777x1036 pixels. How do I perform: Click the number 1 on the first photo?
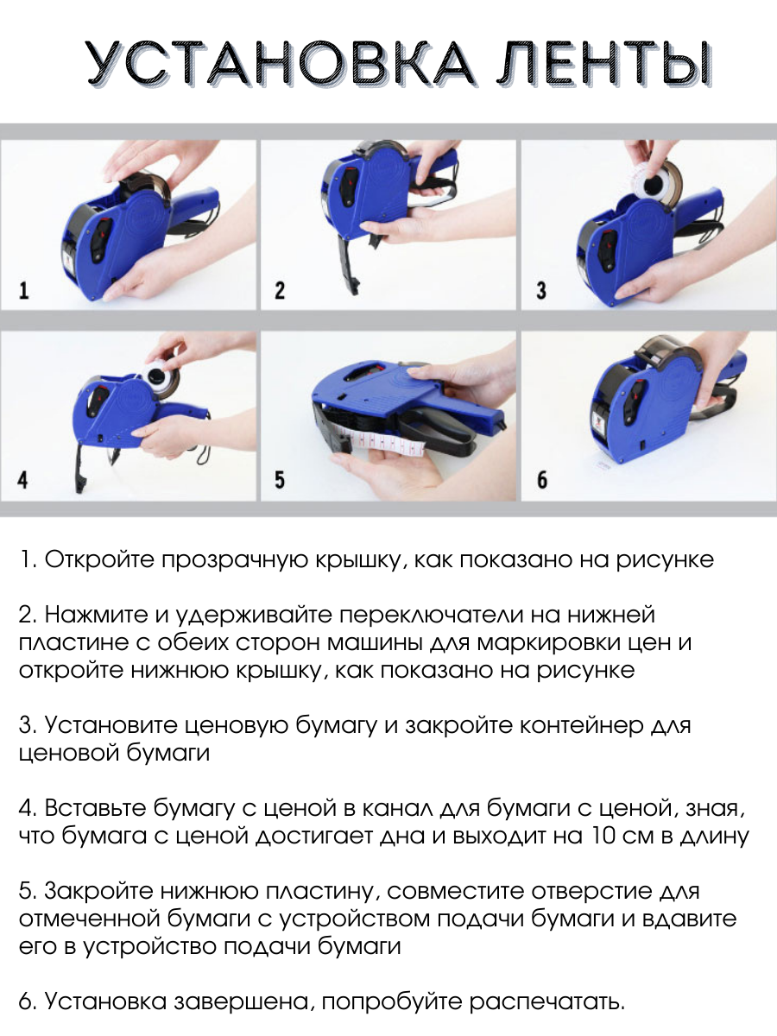pos(23,290)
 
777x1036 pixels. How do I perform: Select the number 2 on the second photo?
pos(280,290)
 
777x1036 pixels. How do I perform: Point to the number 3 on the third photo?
pos(541,290)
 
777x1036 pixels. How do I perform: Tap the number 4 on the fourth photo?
pos(22,479)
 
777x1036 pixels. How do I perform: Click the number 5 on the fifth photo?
pos(280,479)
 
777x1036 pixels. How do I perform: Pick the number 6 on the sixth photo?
pos(542,479)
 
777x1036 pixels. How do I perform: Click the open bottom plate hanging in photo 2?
pos(348,260)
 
